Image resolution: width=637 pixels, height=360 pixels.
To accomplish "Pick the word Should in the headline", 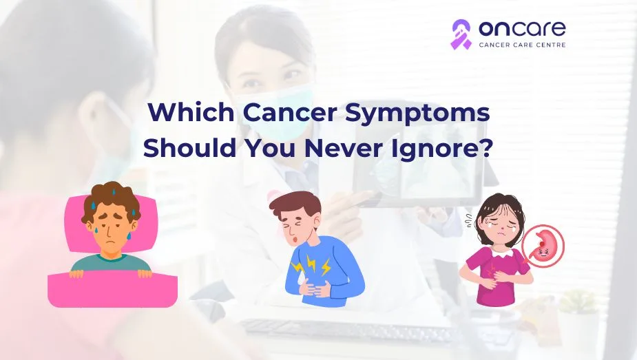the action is pyautogui.click(x=189, y=148).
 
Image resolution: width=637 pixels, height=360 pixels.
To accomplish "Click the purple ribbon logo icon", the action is pyautogui.click(x=461, y=34).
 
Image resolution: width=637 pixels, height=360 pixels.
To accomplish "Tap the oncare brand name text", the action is pyautogui.click(x=522, y=28).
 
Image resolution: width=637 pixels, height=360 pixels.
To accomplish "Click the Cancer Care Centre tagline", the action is pyautogui.click(x=522, y=45).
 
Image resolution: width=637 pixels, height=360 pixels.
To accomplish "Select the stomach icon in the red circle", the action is pyautogui.click(x=543, y=246).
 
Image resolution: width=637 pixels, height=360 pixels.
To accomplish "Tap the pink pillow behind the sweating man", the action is pyautogui.click(x=110, y=223).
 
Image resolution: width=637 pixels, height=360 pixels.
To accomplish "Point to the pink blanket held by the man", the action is pyautogui.click(x=112, y=289).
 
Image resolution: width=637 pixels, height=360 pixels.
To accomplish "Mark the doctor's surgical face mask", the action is pyautogui.click(x=273, y=110).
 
